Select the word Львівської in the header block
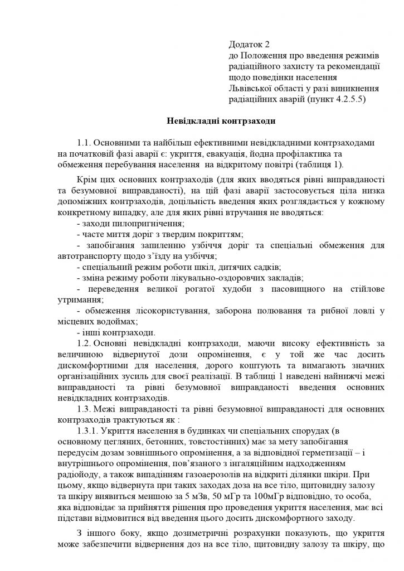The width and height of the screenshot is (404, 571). pyautogui.click(x=250, y=88)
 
